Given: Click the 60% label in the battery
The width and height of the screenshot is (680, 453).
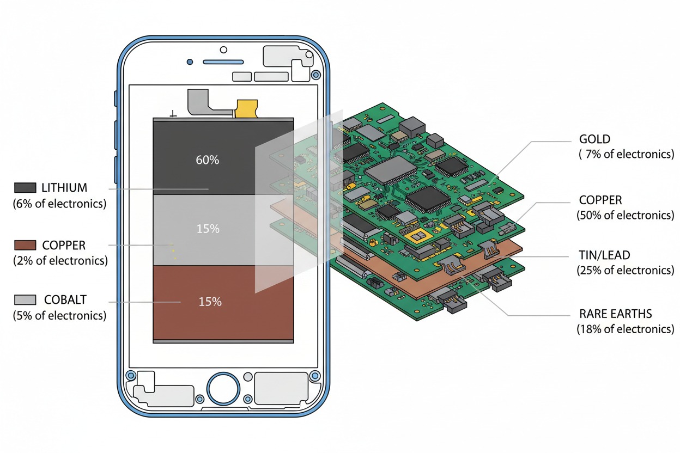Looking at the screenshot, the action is point(208,160).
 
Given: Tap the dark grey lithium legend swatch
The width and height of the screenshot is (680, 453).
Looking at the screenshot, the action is point(25,187).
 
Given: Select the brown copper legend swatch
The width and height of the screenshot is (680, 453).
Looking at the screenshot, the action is point(25,245).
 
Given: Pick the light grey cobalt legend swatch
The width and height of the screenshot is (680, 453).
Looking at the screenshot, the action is point(25,299).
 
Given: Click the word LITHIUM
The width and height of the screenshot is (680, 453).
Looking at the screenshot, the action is point(64,188).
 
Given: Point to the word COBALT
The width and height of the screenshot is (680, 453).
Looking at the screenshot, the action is point(65,300).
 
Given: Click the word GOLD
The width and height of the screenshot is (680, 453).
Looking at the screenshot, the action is point(594,139).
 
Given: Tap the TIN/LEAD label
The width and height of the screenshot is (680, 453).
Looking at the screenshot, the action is point(604,255).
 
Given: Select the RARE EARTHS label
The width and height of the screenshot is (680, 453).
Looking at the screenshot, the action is point(615,314).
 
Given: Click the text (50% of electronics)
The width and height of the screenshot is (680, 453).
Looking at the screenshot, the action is point(626,215).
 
